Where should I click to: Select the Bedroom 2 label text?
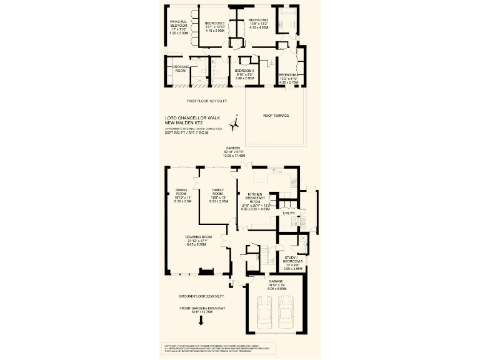(x=259, y=21)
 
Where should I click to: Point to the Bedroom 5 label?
(x=244, y=71)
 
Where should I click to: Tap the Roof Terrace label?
(x=276, y=116)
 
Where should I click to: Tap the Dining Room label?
(x=181, y=191)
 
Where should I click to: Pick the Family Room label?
(x=219, y=191)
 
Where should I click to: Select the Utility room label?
(x=289, y=213)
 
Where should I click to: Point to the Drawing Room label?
(x=199, y=237)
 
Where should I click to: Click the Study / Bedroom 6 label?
(x=293, y=259)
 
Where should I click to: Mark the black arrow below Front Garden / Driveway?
(x=201, y=321)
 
